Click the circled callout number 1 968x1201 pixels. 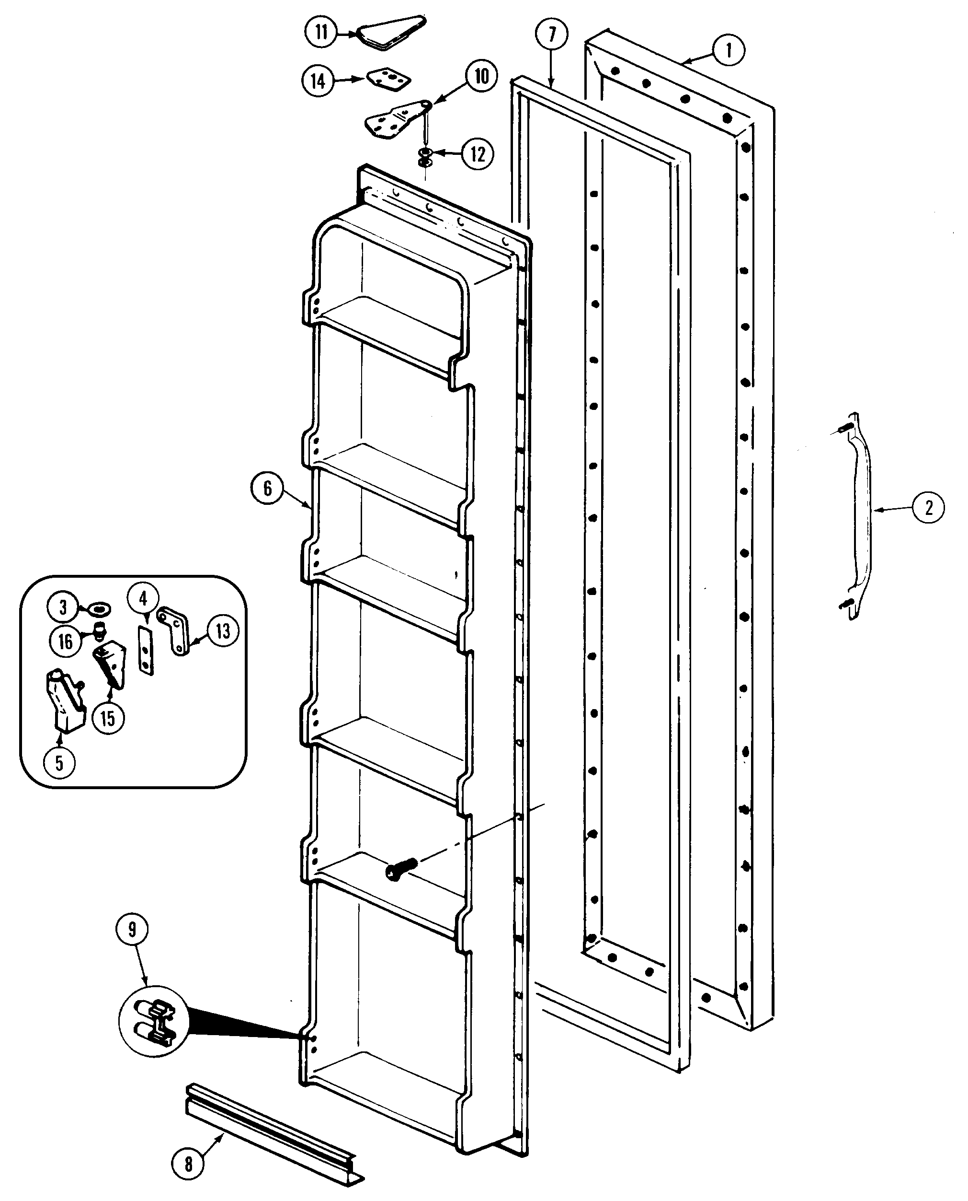click(x=728, y=51)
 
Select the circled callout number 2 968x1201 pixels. click(x=928, y=507)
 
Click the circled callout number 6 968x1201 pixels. click(x=267, y=489)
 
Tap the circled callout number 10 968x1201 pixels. click(x=481, y=76)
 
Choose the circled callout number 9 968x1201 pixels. click(x=132, y=929)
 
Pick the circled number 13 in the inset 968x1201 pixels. click(x=223, y=631)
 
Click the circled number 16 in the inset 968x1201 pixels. click(x=65, y=641)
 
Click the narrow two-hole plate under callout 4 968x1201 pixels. click(x=146, y=650)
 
